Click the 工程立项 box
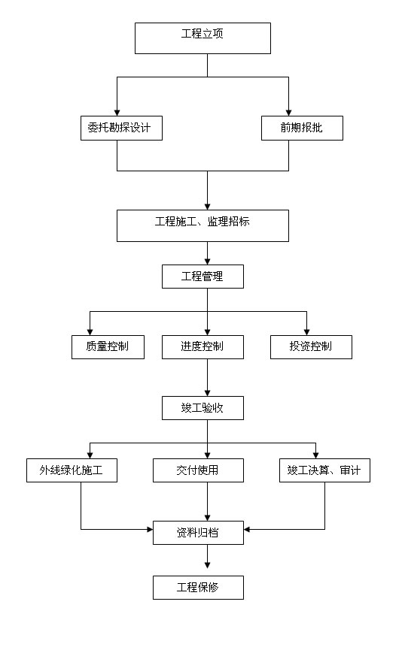coord(203,38)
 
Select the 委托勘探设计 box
coord(121,128)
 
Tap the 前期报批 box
coord(302,128)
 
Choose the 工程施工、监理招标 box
coord(203,226)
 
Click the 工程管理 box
coord(203,277)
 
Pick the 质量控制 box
coord(108,347)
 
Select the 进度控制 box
coord(203,347)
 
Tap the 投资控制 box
coord(311,347)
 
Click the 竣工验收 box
coord(203,408)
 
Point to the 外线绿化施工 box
coord(72,470)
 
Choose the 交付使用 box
coord(198,470)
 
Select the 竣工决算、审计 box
coord(324,470)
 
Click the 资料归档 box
coord(198,533)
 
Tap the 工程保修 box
coord(198,588)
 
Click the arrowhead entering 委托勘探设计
coord(117,113)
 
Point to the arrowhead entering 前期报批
coord(288,113)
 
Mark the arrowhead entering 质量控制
coord(90,332)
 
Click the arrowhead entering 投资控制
coord(306,332)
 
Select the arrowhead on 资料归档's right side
coord(247,529)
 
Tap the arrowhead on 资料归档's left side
coord(150,529)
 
